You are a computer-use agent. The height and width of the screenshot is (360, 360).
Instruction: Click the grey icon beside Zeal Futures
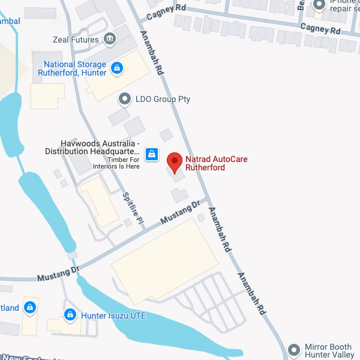coord(110,40)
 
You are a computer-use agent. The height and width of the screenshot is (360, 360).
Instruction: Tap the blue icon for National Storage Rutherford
coord(117,68)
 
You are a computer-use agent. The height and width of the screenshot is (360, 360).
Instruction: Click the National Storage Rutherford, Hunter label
coord(72,68)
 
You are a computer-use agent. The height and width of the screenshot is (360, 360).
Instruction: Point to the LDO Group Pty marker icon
coord(125,98)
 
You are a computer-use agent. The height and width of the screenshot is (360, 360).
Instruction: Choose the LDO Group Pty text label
coord(163,99)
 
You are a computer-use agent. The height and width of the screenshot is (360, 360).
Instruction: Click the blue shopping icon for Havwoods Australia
coord(152,154)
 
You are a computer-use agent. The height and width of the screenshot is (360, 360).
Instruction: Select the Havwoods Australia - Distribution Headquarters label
coord(92,148)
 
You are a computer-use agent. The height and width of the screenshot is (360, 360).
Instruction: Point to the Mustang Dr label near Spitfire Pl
coord(181,214)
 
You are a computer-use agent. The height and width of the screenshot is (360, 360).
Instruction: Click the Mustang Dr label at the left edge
coord(58,274)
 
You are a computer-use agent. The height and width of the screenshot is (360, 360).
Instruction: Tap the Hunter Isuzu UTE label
coord(113,316)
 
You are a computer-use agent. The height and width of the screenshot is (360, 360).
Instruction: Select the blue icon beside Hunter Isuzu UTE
coord(70,314)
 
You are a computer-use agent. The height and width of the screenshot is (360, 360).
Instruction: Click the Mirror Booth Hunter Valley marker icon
coord(293,349)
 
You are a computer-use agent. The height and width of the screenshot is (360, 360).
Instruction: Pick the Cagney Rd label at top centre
coord(170,9)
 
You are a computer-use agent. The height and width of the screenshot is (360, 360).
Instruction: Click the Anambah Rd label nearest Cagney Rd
coord(152,52)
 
